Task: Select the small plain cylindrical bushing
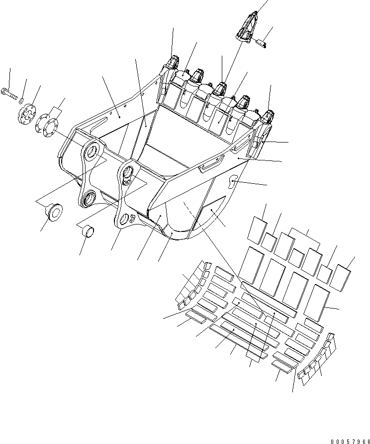[x=89, y=231]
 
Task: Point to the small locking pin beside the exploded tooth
[x=262, y=43]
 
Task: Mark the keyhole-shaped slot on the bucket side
[x=232, y=184]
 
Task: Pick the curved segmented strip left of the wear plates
[x=193, y=283]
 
